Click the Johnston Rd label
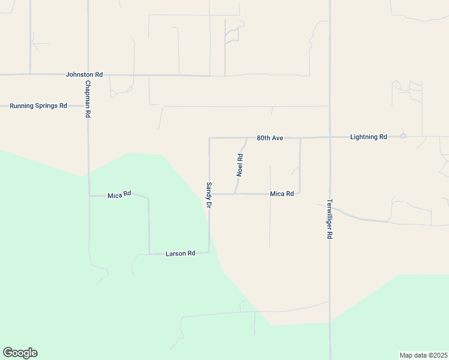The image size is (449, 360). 84,74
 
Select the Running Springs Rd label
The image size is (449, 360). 38,106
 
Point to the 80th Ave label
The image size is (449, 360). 270,137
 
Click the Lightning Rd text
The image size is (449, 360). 369,137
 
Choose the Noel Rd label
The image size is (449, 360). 240,164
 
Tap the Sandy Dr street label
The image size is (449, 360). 209,195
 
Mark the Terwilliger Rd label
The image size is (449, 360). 330,219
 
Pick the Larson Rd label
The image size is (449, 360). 180,253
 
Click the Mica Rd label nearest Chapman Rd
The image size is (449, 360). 119,195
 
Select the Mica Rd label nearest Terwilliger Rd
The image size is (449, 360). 282,194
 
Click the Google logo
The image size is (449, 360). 20,353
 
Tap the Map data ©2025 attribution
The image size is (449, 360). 423,355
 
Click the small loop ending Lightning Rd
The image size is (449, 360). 403,136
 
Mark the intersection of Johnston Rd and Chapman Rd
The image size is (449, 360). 88,75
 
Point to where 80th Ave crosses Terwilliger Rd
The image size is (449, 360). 330,137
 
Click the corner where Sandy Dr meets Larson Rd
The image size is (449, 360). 209,252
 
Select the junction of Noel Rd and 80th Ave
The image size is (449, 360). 247,138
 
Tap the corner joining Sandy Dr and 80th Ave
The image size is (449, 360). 209,138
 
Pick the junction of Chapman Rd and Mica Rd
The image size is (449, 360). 89,195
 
